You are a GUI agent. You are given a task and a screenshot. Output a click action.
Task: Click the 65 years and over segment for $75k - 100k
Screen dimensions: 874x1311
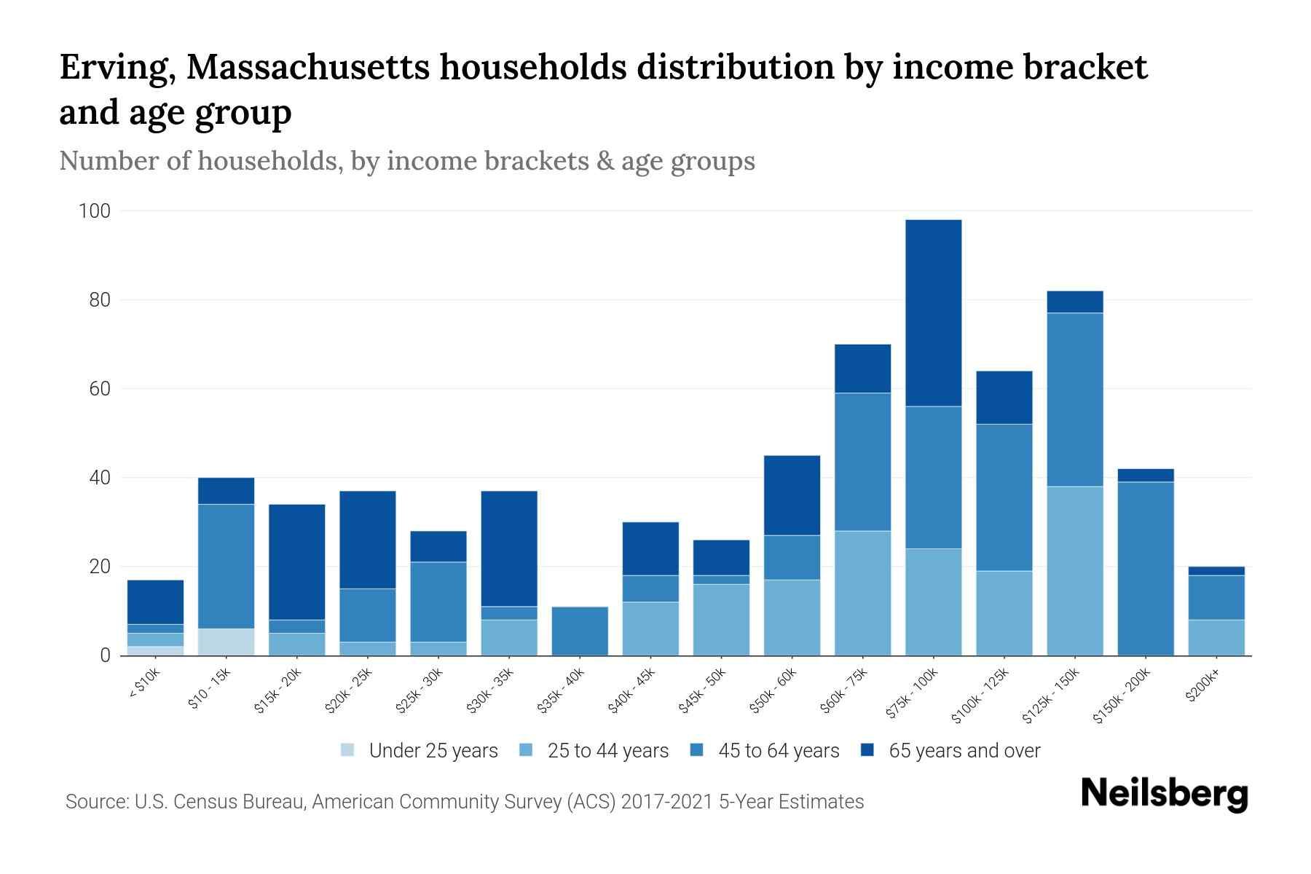coord(933,313)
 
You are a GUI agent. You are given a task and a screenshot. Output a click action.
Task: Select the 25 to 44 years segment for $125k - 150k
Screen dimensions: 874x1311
coord(1074,571)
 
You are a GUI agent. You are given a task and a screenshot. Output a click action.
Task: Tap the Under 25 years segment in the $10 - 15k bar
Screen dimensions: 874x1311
coord(226,642)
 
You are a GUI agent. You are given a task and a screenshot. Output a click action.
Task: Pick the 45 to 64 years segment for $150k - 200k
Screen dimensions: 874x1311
coord(1145,568)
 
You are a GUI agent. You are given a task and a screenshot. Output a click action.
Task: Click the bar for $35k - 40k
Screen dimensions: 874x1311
coord(580,631)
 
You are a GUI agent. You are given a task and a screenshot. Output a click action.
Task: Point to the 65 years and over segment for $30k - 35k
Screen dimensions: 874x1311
coord(509,548)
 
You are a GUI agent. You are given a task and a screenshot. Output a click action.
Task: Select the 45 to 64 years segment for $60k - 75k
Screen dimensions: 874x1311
coord(862,462)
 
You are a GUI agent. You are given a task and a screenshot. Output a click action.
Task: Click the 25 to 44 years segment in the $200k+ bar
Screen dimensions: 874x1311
coord(1216,637)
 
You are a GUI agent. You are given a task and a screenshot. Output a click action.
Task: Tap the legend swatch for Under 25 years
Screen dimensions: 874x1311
coord(348,750)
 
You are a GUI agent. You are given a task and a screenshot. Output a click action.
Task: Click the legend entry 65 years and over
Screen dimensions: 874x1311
coord(964,751)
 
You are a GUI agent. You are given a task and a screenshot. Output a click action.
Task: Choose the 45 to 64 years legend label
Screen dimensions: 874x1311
coord(779,751)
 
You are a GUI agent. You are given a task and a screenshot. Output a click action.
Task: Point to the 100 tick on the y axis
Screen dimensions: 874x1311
coord(95,211)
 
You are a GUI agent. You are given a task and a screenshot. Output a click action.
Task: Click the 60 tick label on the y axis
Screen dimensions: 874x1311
coord(100,389)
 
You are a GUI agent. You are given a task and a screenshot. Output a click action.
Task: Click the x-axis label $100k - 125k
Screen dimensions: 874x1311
coord(980,696)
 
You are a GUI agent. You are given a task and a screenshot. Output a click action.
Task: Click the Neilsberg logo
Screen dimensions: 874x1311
coord(1164,794)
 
